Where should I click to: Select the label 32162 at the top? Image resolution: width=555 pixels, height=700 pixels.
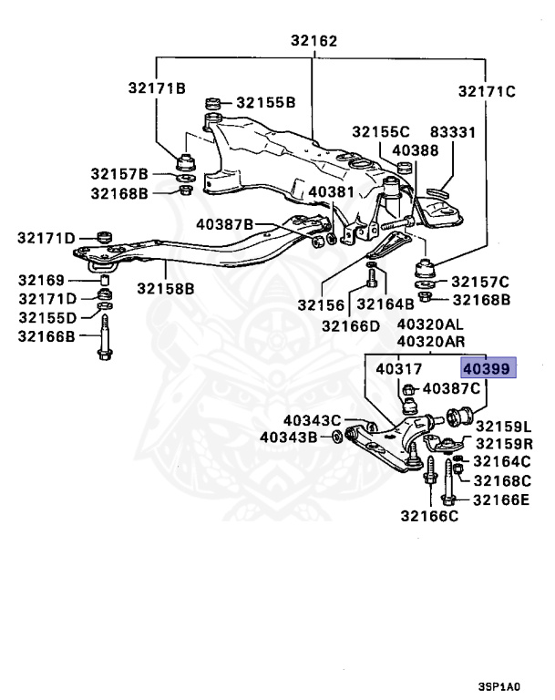pyautogui.click(x=313, y=41)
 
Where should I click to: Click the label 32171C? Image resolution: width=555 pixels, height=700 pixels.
pyautogui.click(x=487, y=91)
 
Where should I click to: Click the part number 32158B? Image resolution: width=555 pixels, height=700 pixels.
pyautogui.click(x=166, y=289)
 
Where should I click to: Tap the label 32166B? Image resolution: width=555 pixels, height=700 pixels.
pyautogui.click(x=46, y=335)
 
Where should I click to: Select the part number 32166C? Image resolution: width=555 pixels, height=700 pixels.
pyautogui.click(x=427, y=518)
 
